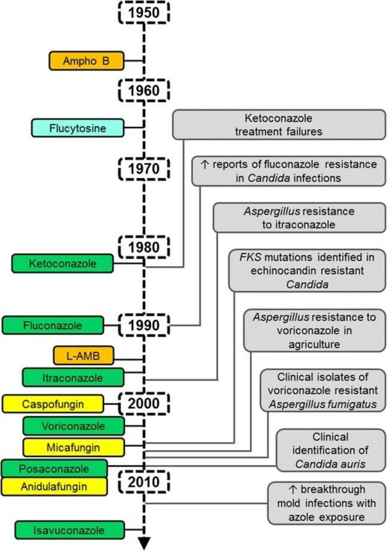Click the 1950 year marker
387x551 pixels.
144,12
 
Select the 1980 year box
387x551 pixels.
144,246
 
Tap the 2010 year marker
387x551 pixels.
144,480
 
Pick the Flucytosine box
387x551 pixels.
78,127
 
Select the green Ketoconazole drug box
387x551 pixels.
62,263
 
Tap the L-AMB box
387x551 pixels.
83,356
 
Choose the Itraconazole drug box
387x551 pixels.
73,378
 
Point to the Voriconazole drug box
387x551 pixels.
73,427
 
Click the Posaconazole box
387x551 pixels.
54,468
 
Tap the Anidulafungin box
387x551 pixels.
54,486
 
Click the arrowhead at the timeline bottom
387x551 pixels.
144,543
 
